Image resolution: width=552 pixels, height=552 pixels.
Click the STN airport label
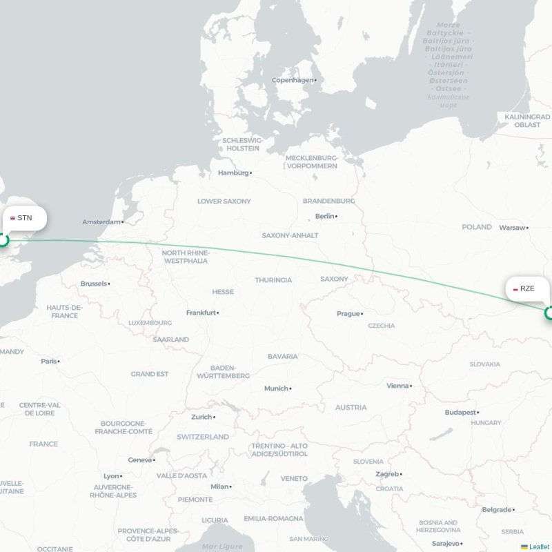click(x=25, y=218)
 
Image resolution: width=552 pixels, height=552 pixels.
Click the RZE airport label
click(x=527, y=288)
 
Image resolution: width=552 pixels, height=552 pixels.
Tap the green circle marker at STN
click(x=3, y=241)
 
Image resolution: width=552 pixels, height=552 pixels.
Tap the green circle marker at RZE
click(x=550, y=313)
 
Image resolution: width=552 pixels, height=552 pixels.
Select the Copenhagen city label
click(x=293, y=80)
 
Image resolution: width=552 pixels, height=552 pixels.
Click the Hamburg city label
click(x=233, y=172)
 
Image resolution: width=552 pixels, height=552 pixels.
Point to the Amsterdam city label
click(x=101, y=221)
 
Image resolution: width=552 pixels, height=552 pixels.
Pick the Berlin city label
click(x=324, y=216)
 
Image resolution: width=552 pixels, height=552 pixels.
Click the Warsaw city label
click(x=512, y=227)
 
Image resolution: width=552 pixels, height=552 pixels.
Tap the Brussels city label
click(x=93, y=284)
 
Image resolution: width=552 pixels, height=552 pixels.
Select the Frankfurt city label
click(x=201, y=313)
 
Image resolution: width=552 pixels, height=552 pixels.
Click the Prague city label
click(x=348, y=313)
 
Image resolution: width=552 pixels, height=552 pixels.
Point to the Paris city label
click(x=48, y=361)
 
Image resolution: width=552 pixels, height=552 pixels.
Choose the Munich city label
click(x=275, y=388)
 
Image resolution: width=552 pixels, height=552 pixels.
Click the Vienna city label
click(x=397, y=386)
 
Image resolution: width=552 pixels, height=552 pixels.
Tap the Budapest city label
click(x=460, y=412)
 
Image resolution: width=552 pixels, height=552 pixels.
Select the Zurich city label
click(x=201, y=417)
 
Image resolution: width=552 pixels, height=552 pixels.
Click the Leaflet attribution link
click(x=539, y=546)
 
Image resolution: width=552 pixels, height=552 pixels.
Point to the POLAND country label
click(x=477, y=227)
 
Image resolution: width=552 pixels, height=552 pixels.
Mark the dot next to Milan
click(x=231, y=486)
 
